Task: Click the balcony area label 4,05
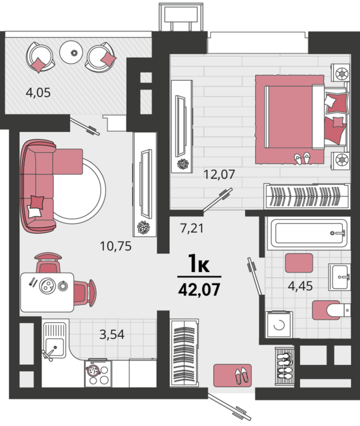coord(38,93)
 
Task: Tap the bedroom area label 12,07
coord(219,174)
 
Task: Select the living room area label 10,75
coord(116,246)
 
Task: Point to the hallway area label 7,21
coord(192,228)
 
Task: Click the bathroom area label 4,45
coord(300,286)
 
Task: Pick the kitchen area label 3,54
coord(112,334)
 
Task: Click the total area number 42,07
coord(199,290)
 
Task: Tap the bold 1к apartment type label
coord(200,264)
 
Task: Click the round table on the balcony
coord(71,52)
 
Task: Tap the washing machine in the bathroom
coord(279,324)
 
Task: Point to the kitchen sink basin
coord(54,348)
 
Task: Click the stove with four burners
coord(98,374)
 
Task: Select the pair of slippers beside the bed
coord(303,158)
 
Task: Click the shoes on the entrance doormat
coord(242,376)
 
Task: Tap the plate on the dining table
coord(47,286)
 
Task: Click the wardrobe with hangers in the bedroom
coord(307,196)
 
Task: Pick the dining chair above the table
coord(48,263)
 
